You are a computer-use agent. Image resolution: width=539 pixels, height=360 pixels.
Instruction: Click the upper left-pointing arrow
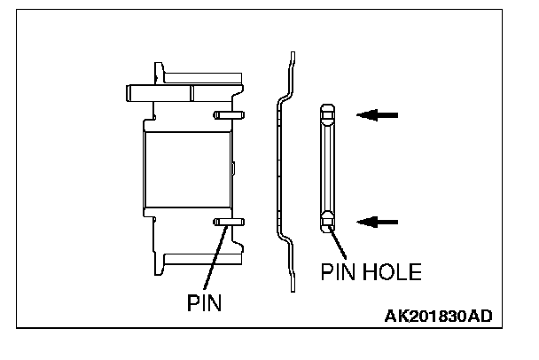pyautogui.click(x=379, y=114)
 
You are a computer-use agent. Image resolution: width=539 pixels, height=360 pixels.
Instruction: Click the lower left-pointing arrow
pyautogui.click(x=379, y=221)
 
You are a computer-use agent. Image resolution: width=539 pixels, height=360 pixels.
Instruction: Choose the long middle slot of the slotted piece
pyautogui.click(x=328, y=168)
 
